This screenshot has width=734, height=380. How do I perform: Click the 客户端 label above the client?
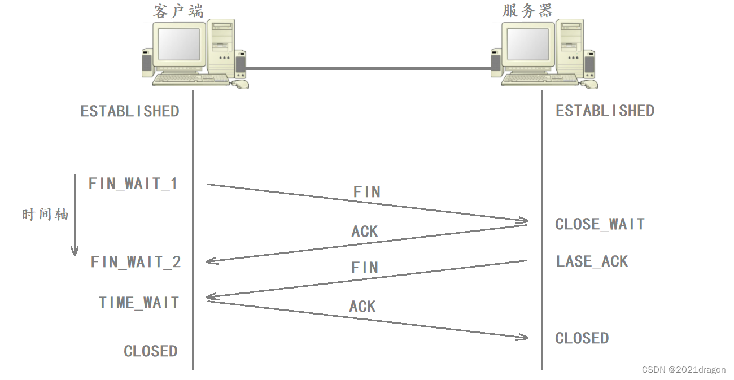[x=178, y=11]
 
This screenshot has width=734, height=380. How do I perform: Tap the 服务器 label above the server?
[x=528, y=11]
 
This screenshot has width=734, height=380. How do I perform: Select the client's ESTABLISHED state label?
[x=130, y=111]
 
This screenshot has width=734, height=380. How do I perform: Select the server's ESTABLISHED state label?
[x=605, y=111]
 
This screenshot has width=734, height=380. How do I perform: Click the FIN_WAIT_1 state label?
[x=133, y=184]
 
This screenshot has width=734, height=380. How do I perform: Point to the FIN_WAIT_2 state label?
[x=136, y=262]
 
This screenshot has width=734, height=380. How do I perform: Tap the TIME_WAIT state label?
[x=139, y=303]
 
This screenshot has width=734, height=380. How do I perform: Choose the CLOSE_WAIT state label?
[x=600, y=224]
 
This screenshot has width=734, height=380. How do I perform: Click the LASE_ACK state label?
[x=592, y=261]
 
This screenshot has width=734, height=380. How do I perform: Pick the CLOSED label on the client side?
[x=151, y=351]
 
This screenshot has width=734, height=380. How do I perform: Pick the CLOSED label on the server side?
[x=582, y=338]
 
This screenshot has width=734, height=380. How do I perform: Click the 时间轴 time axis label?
[x=45, y=215]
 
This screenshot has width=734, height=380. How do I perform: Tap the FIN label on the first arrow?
[x=367, y=192]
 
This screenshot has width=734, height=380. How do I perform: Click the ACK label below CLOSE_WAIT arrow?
[x=365, y=232]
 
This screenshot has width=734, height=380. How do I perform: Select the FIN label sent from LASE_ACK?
[x=365, y=267]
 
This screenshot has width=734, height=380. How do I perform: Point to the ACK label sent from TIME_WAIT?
[x=362, y=307]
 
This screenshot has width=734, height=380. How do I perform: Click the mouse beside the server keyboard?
[x=590, y=84]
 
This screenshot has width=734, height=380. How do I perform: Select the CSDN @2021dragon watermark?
[x=684, y=369]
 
